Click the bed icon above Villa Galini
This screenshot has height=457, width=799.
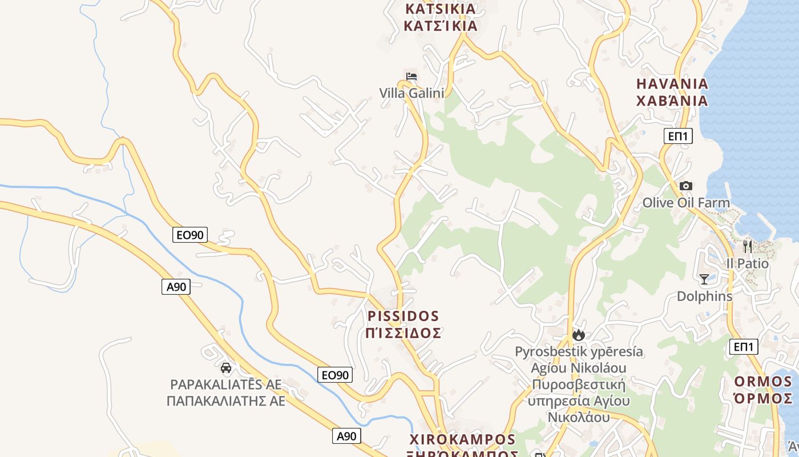tap(411, 76)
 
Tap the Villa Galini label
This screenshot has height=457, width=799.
tap(411, 93)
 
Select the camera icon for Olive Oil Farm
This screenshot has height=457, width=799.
tap(685, 186)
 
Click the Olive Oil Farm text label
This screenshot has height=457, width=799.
tap(686, 203)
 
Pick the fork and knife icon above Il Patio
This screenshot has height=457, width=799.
tap(747, 246)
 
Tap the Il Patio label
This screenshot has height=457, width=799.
tap(747, 263)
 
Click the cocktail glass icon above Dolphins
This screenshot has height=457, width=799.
tap(704, 279)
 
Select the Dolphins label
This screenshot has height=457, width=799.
tap(704, 296)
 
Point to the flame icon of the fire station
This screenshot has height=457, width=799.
tap(579, 335)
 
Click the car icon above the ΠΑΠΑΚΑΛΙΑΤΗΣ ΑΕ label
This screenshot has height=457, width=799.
tap(226, 367)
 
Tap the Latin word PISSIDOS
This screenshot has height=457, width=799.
tap(403, 316)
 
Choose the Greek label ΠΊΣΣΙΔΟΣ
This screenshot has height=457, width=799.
tap(403, 332)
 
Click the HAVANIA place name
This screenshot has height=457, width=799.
tap(672, 83)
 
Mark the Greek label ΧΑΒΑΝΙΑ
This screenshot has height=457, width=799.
tap(672, 101)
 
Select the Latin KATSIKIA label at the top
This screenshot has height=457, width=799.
tap(440, 9)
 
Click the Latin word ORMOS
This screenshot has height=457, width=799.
tap(763, 382)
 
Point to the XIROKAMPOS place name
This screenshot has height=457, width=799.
tap(463, 439)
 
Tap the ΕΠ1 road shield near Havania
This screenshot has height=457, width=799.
tap(678, 136)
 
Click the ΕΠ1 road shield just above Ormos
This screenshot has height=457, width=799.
tap(744, 346)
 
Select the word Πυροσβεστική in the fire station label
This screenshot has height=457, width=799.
tap(578, 384)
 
